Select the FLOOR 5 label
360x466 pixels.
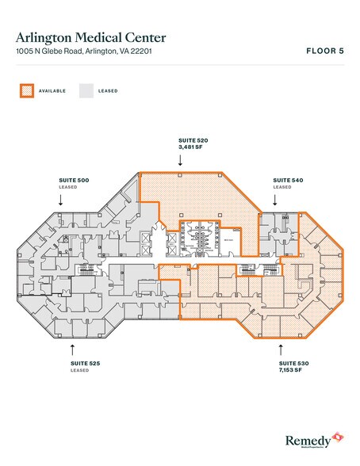(x=325, y=50)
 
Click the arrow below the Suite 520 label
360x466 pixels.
(x=180, y=160)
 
